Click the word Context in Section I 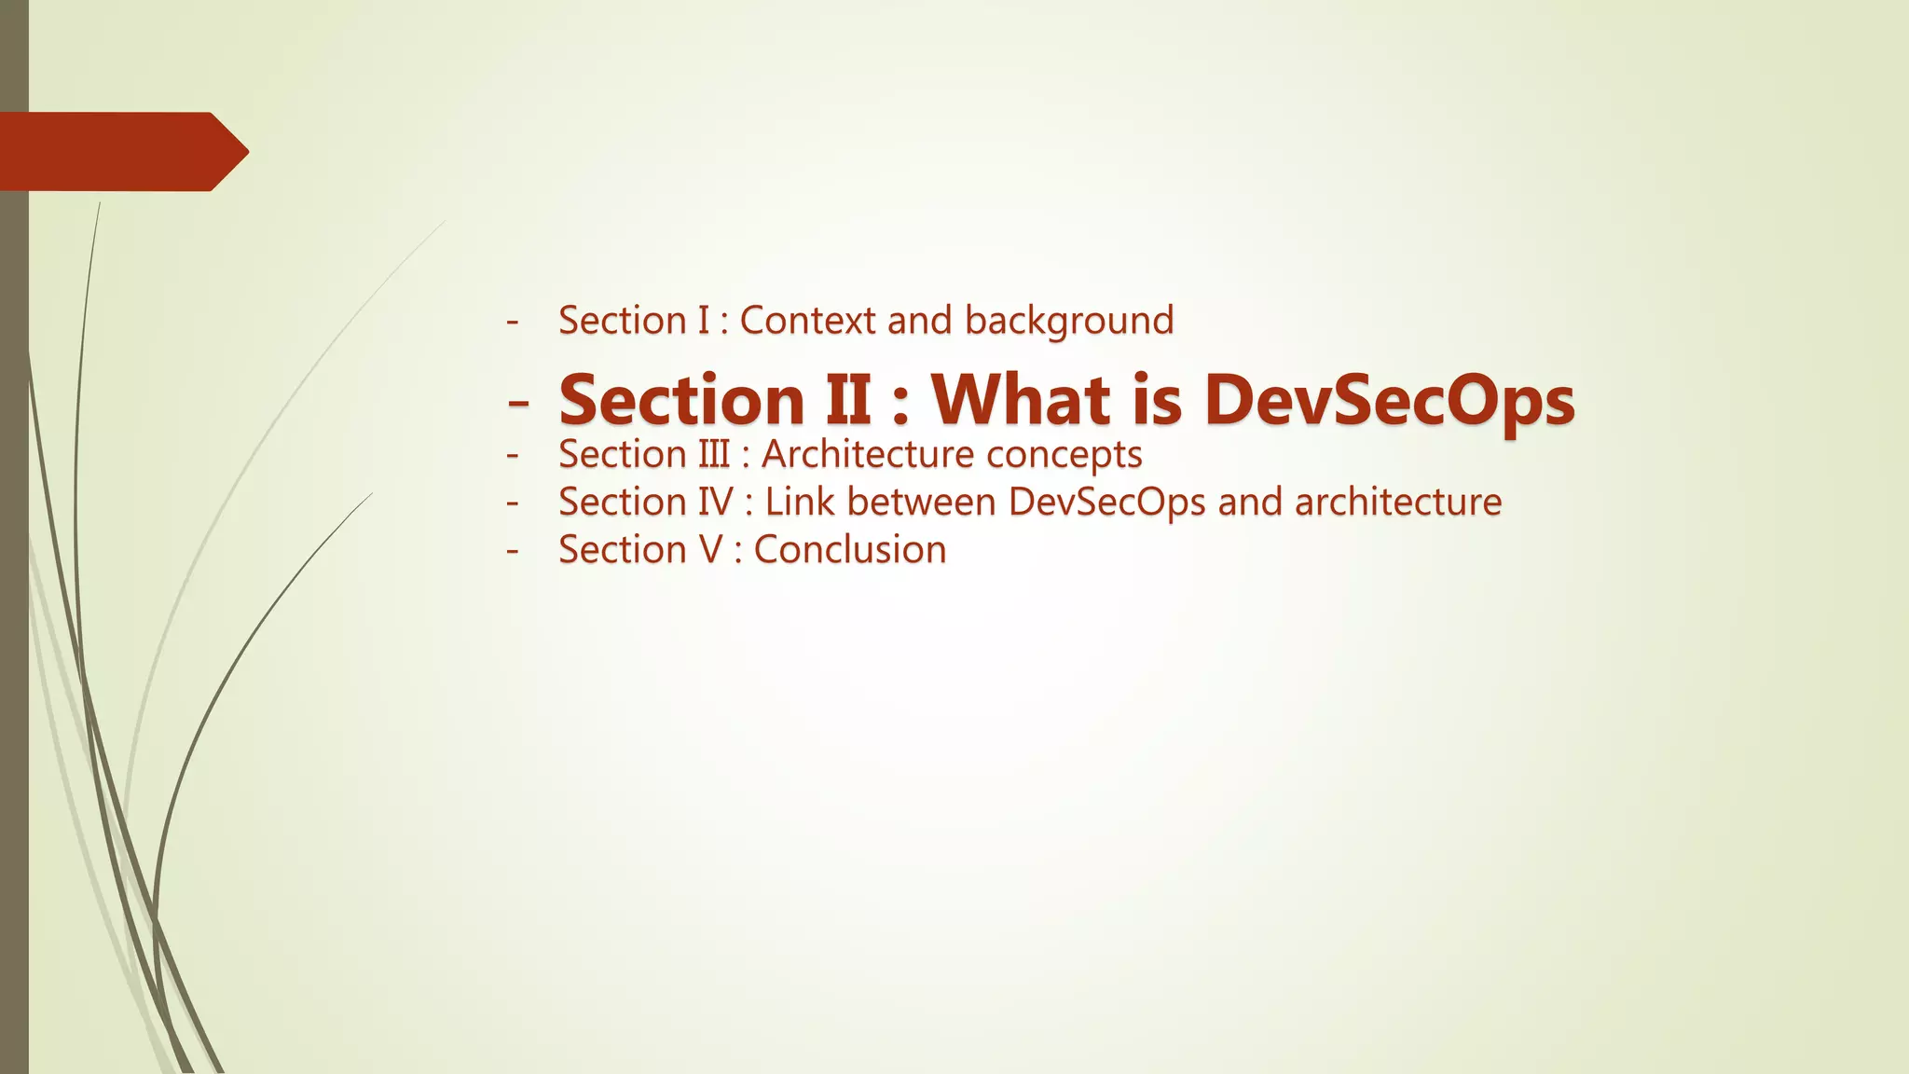pos(807,321)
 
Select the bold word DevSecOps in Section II pos(1389,401)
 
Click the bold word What pos(1023,399)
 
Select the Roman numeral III pos(714,454)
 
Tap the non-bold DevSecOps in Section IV pos(1106,503)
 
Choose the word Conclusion pos(850,549)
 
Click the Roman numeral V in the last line pos(710,549)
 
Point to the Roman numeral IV pos(716,502)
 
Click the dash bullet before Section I pos(512,322)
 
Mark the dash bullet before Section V pos(512,550)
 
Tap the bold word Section pos(681,399)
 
